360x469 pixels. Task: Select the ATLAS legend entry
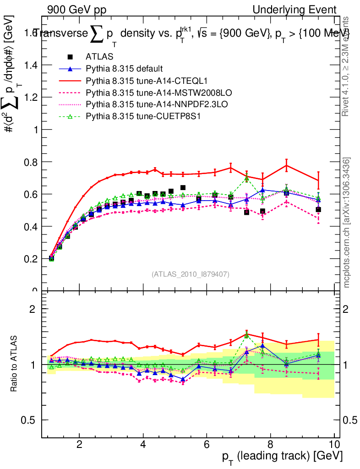(x=97, y=57)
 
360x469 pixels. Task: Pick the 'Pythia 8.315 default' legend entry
(x=124, y=69)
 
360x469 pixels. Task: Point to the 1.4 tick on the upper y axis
(x=30, y=65)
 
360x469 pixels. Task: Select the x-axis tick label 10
(x=334, y=443)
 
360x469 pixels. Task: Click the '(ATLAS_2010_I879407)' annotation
(x=191, y=274)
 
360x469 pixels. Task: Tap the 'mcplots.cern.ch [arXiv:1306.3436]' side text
(x=347, y=223)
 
